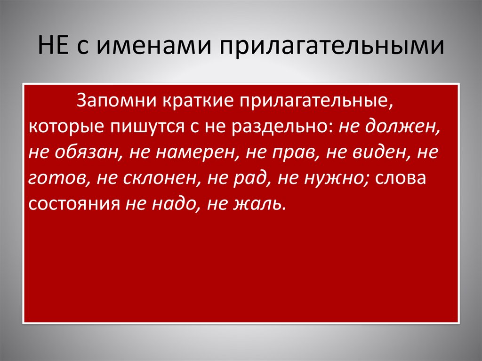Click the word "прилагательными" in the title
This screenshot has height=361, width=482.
(x=330, y=49)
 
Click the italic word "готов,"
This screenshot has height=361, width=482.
(x=55, y=179)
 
